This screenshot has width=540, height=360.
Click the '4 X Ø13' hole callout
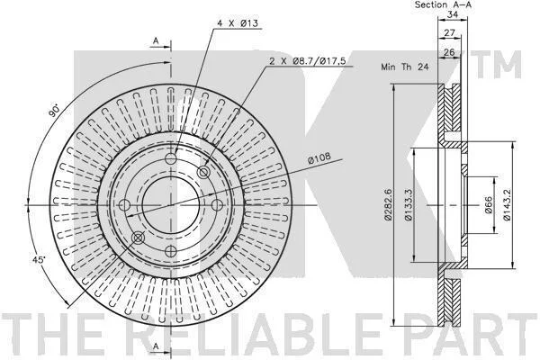point(238,23)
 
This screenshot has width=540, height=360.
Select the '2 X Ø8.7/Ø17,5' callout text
point(307,61)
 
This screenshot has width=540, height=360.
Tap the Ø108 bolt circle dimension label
point(319,157)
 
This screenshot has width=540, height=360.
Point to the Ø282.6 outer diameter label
point(388,204)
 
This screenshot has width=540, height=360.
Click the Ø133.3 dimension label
point(408,204)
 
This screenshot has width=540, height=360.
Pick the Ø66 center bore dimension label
point(489,205)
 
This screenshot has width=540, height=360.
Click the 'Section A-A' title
point(443,4)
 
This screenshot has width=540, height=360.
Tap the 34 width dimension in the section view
point(452,14)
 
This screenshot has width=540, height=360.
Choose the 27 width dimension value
point(449,33)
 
